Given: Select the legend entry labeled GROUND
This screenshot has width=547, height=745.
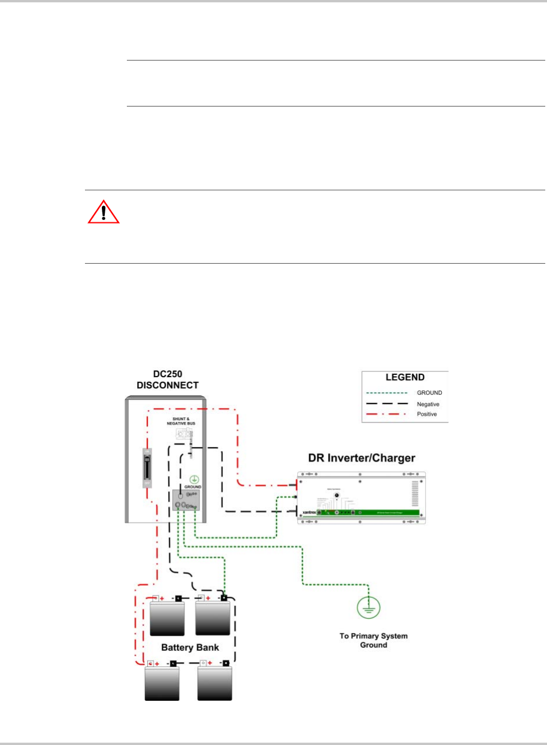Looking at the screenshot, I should pyautogui.click(x=429, y=393).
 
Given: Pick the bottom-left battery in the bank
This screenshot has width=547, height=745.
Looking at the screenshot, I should pyautogui.click(x=162, y=683).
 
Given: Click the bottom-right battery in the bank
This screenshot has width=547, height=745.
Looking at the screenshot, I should pyautogui.click(x=214, y=683).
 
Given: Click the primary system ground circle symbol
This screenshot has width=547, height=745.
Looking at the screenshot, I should pyautogui.click(x=367, y=607).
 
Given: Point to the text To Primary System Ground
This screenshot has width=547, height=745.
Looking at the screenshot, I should pyautogui.click(x=374, y=640).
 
